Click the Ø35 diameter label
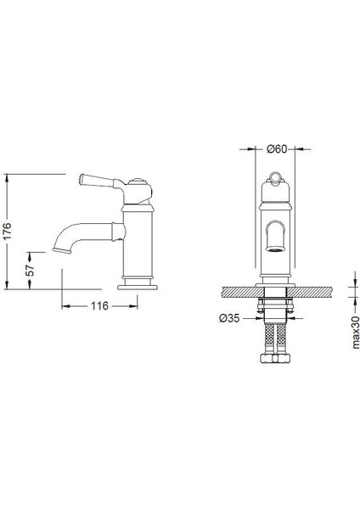tap(228, 320)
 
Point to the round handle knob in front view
tap(274, 176)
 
